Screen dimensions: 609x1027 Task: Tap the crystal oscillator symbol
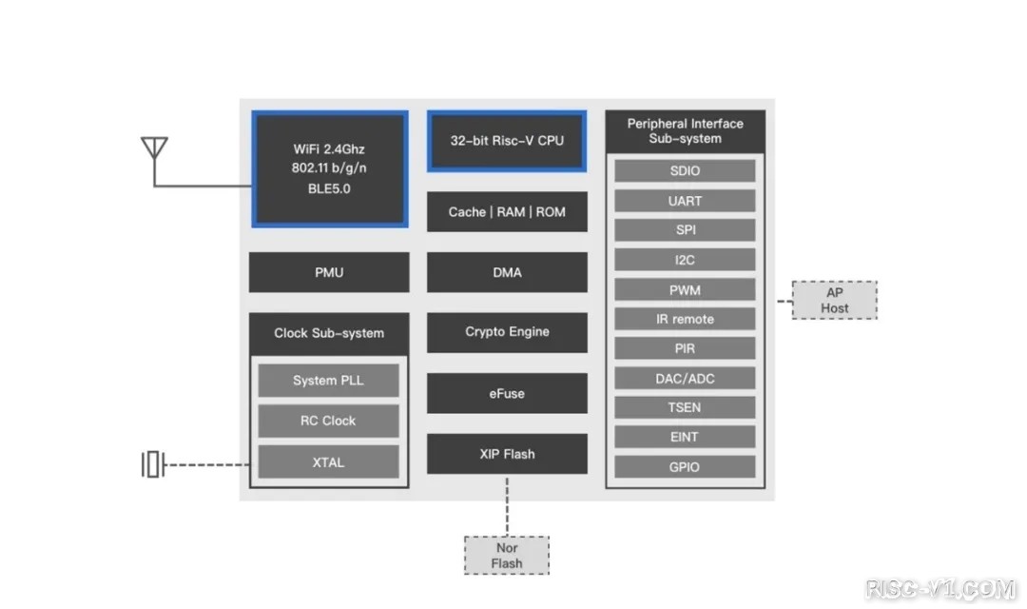(x=153, y=465)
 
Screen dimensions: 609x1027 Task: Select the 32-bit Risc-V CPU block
(x=507, y=141)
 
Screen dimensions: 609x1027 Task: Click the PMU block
(x=329, y=272)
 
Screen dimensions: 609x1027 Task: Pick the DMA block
(x=507, y=272)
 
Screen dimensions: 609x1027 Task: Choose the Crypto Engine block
(x=507, y=332)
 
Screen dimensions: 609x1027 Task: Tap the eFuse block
(x=507, y=393)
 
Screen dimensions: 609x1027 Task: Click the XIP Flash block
(x=507, y=454)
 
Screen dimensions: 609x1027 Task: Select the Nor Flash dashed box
(x=507, y=556)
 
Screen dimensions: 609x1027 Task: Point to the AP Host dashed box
(x=835, y=301)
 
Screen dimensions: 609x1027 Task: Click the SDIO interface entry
(x=685, y=171)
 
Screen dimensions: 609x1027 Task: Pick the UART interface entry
(x=685, y=201)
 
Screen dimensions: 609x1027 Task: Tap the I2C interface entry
(x=685, y=260)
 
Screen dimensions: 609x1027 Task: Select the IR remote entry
(x=685, y=319)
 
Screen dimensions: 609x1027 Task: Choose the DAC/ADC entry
(x=685, y=379)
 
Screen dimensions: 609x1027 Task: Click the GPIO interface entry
(x=685, y=466)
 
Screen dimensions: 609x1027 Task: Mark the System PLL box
(x=328, y=381)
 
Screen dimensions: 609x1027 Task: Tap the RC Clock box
(x=328, y=421)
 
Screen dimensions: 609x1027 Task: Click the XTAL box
(x=328, y=462)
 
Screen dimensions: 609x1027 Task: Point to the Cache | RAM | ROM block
(x=507, y=212)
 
